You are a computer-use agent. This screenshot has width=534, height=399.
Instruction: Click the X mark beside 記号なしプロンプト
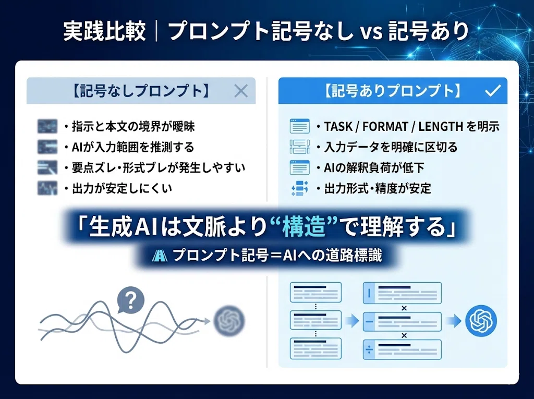(241, 91)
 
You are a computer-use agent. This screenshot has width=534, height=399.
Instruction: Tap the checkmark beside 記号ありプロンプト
(492, 91)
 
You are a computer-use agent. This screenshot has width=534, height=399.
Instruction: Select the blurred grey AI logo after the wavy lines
(229, 321)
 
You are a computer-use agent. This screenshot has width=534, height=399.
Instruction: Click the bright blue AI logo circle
(481, 321)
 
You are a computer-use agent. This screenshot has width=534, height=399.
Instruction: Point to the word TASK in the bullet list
(338, 127)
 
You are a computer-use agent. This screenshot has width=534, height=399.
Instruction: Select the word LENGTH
(441, 127)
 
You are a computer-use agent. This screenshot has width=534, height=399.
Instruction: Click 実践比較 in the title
(104, 31)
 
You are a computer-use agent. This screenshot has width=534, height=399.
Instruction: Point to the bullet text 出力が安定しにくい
(122, 188)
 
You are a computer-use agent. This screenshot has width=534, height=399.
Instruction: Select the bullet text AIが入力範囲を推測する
(133, 147)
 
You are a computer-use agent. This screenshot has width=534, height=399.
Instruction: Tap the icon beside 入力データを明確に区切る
(300, 147)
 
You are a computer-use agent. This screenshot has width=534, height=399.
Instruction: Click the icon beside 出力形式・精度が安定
(300, 188)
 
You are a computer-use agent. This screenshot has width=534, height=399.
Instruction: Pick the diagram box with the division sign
(402, 349)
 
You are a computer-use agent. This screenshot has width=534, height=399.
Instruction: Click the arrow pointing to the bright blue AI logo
(454, 321)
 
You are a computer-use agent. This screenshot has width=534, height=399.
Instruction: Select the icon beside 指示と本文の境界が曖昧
(47, 126)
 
